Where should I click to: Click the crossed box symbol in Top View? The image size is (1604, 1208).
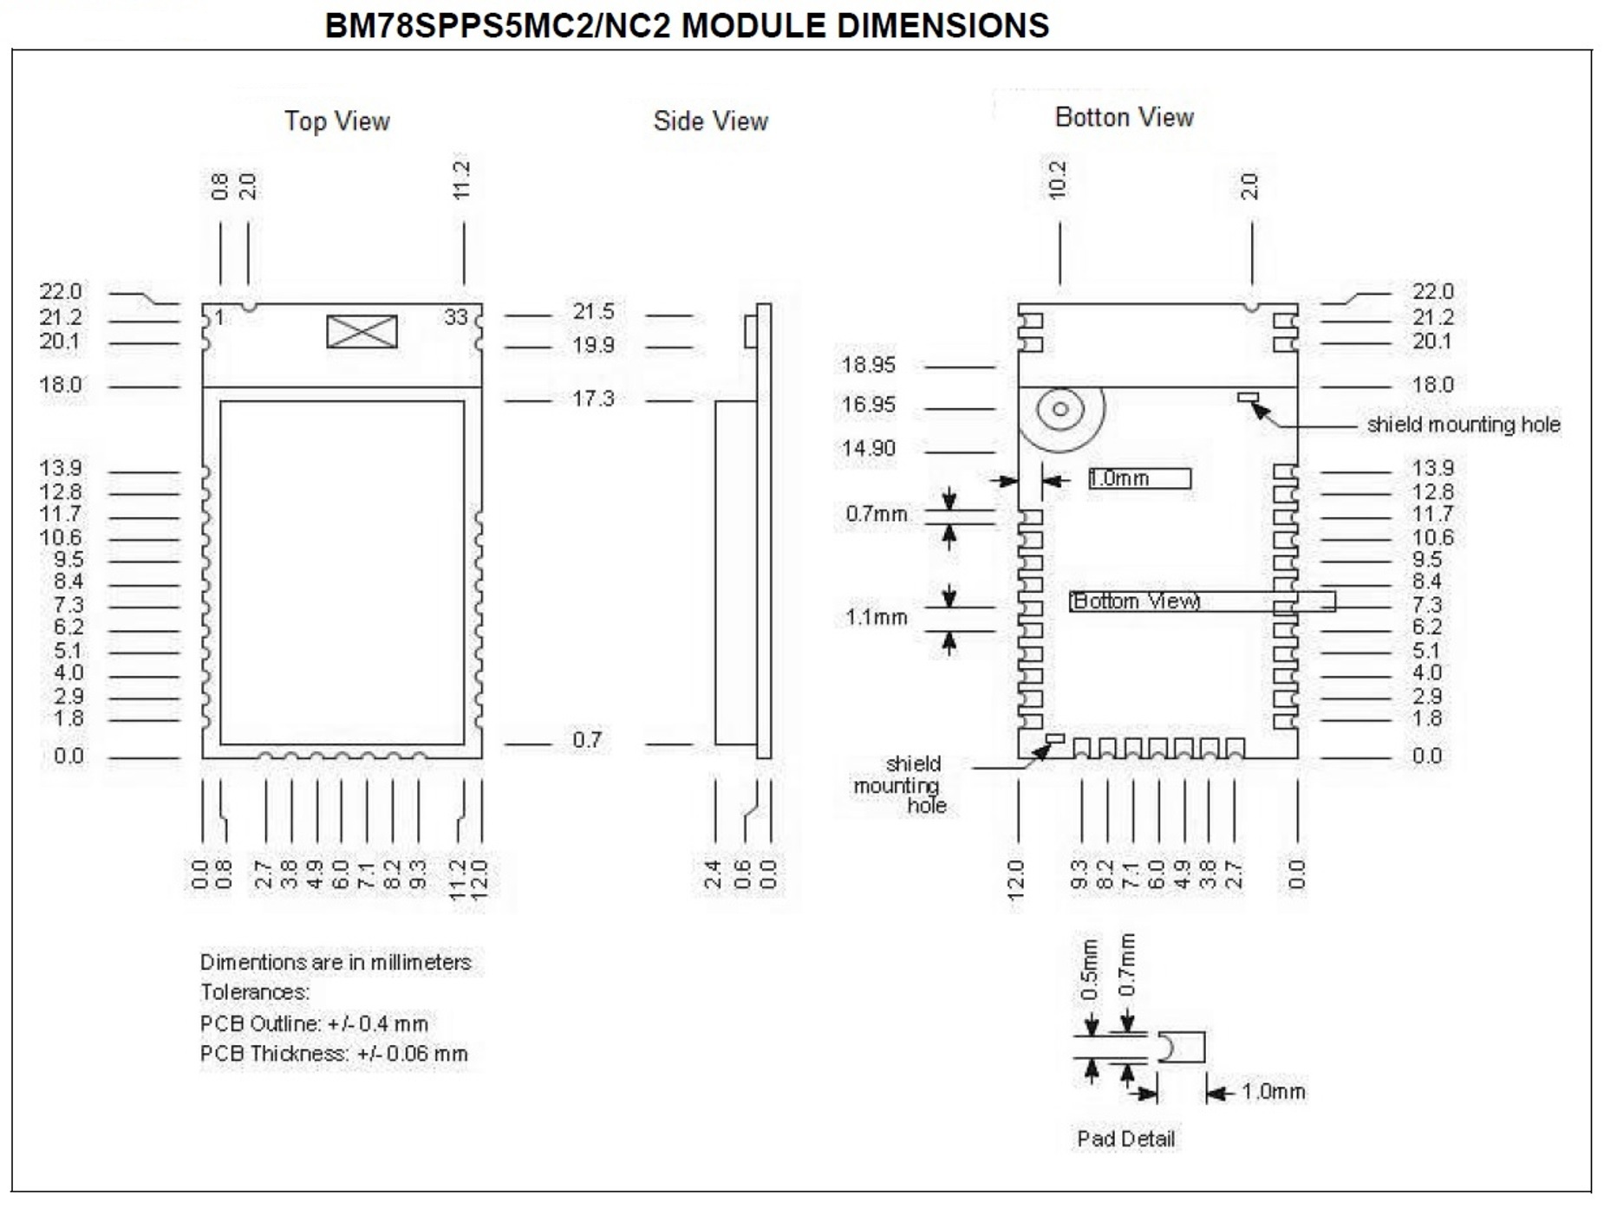[362, 332]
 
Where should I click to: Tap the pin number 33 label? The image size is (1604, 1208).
[455, 318]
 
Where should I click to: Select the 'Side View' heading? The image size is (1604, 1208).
[710, 121]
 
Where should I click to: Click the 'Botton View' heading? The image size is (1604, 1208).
[1124, 117]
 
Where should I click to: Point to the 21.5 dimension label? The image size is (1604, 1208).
[593, 312]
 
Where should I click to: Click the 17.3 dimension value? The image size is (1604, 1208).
[593, 399]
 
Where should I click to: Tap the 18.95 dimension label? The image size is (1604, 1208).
[869, 365]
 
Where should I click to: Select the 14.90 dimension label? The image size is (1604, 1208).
[869, 449]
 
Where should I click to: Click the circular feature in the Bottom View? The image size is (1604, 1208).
[1061, 410]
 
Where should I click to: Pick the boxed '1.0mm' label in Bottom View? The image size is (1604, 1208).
[1139, 478]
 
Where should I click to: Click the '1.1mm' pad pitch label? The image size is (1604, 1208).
[877, 618]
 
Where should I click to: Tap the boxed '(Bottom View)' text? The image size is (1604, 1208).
[1202, 601]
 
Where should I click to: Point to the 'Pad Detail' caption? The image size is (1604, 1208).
[1125, 1139]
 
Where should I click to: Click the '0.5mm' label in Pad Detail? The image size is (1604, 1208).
[1090, 970]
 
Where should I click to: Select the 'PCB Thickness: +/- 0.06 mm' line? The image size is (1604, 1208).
[334, 1054]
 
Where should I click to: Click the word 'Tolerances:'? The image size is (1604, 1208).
[255, 992]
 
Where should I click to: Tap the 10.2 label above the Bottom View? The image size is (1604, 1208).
[1058, 179]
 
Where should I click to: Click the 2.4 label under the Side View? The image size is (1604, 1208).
[713, 874]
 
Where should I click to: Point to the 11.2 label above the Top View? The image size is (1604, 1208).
[461, 179]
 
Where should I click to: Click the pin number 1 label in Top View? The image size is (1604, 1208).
[220, 318]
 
